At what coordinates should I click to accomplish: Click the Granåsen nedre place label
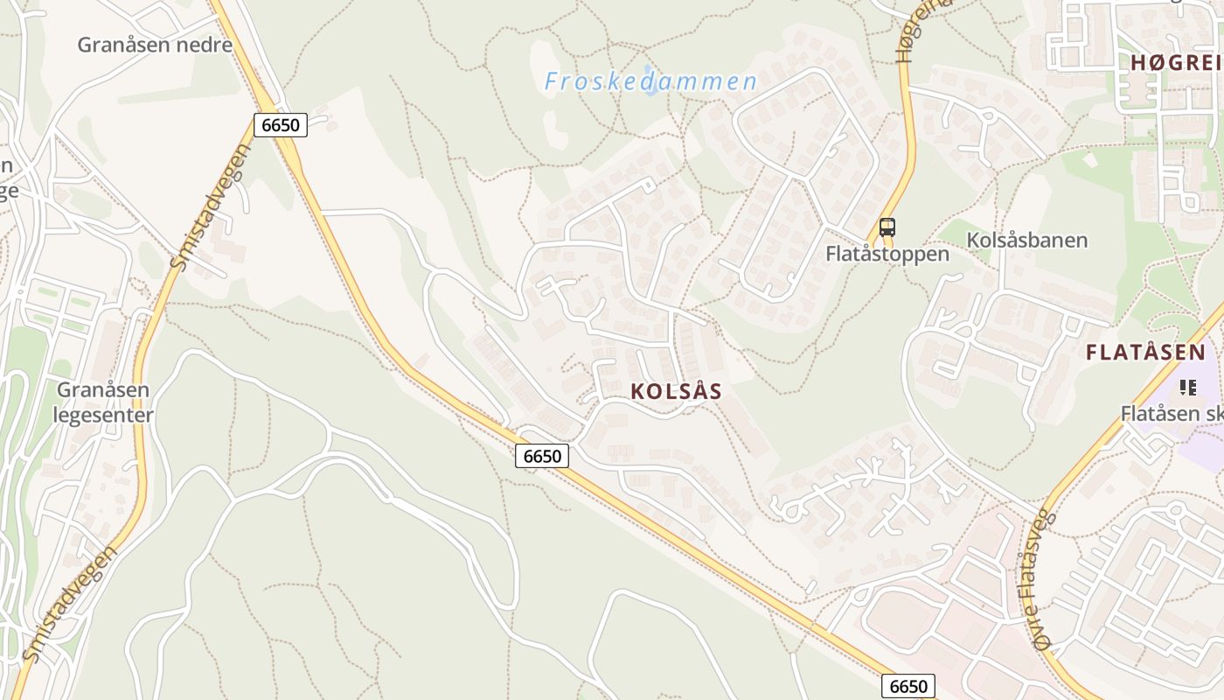coord(155,45)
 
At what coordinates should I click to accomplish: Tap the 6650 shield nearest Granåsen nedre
coord(281,125)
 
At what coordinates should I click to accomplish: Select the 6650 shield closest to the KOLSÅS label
coord(542,456)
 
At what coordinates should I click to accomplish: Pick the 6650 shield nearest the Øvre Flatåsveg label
coord(908,686)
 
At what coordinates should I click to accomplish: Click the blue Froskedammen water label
coord(650,82)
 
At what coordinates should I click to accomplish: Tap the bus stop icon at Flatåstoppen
coord(887,228)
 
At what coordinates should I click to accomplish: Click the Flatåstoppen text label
coord(887,255)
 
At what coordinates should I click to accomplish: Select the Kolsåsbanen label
coord(1027,240)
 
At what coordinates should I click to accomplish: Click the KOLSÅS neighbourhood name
coord(677,392)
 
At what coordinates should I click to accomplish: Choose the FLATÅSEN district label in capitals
coord(1145,353)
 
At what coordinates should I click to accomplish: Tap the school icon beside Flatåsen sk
coord(1187,387)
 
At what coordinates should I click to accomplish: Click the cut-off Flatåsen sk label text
coord(1172,413)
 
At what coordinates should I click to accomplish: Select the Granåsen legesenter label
coord(104,402)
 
